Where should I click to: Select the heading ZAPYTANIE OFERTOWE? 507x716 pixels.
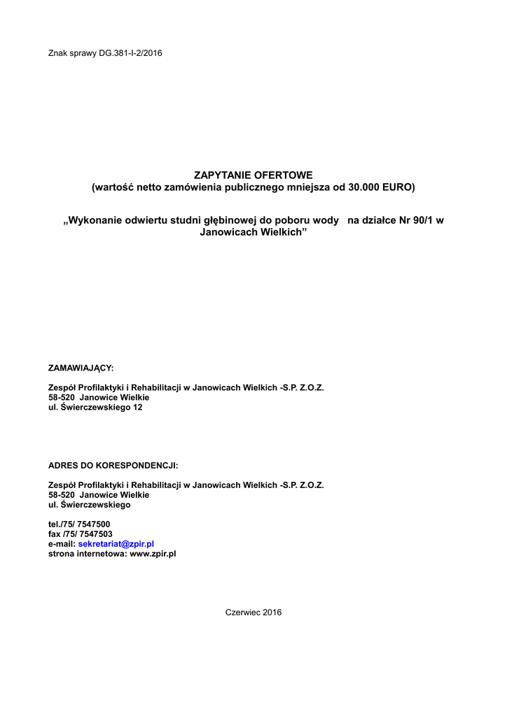click(x=253, y=174)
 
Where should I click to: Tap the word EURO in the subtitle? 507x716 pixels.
click(x=398, y=187)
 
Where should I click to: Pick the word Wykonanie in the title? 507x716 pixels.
click(x=97, y=220)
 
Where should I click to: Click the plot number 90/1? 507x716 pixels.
click(x=422, y=220)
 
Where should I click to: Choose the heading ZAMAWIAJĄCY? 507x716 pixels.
click(x=81, y=367)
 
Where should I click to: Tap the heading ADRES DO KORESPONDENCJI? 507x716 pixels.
click(x=113, y=464)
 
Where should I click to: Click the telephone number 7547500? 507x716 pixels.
click(x=93, y=524)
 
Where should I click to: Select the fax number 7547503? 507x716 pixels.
click(x=95, y=534)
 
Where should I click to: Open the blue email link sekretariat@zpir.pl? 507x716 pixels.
click(x=116, y=543)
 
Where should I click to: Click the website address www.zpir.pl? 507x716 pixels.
click(x=153, y=553)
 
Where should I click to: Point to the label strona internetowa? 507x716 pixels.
click(x=88, y=553)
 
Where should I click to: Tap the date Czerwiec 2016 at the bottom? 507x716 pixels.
click(x=253, y=613)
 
